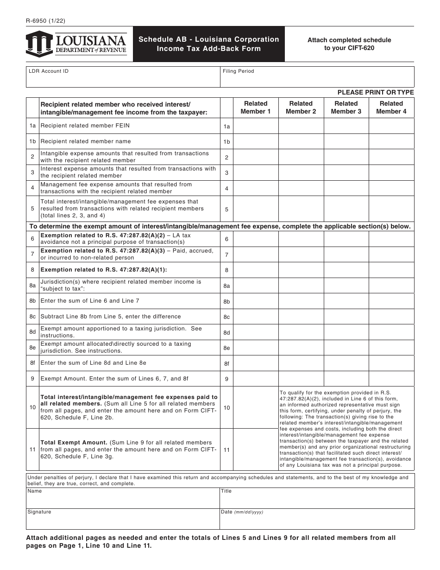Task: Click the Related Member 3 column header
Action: click(346, 108)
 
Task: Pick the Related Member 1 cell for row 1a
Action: click(256, 126)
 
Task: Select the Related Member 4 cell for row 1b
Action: click(391, 142)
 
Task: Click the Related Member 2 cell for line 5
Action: click(301, 209)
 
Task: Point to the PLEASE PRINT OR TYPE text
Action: click(376, 93)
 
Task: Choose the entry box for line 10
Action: click(256, 407)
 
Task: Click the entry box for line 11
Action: click(256, 450)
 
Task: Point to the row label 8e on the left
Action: click(32, 348)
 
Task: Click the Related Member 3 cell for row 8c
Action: click(346, 317)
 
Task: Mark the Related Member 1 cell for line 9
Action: click(256, 379)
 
